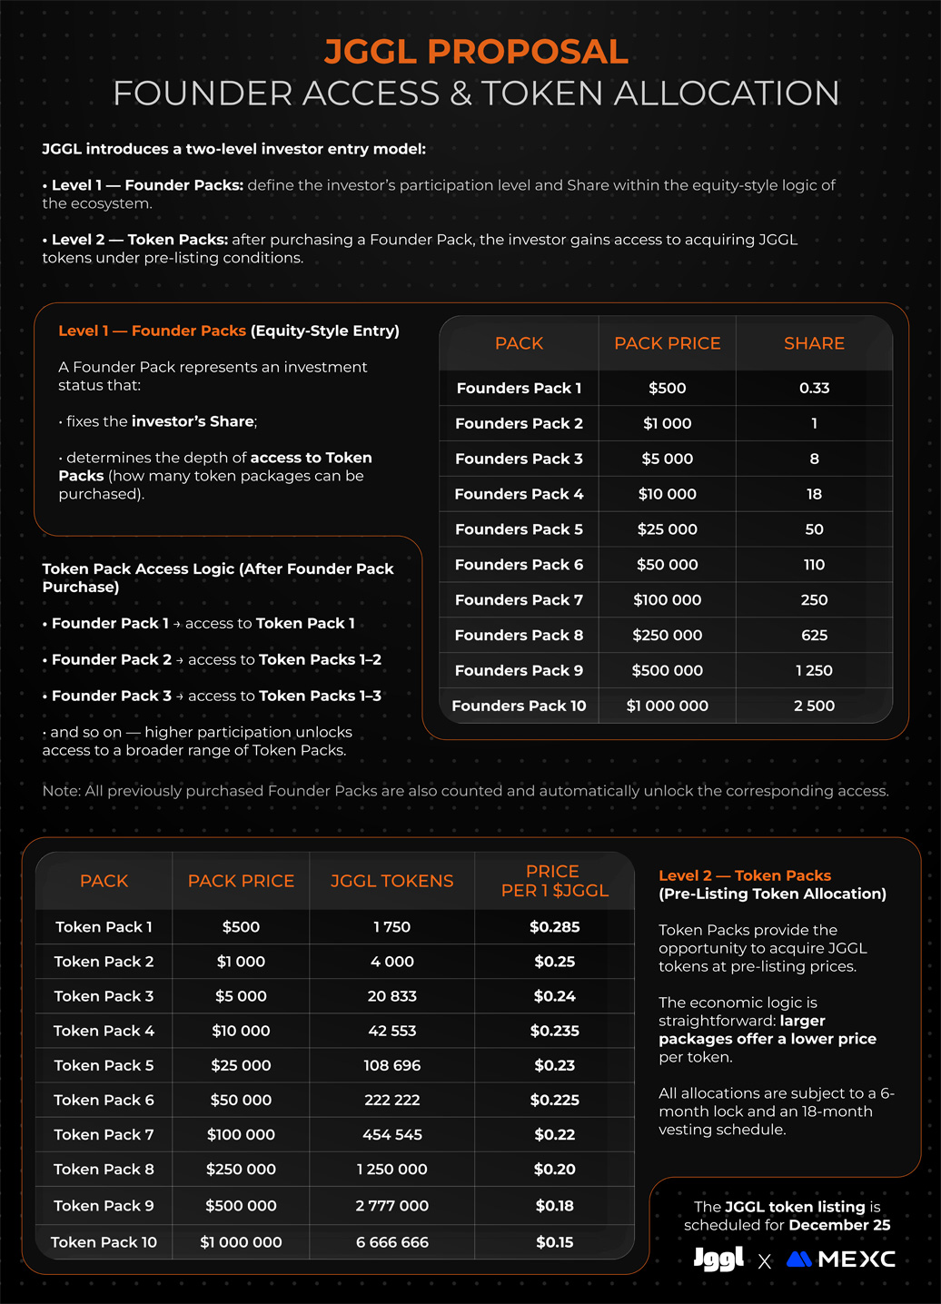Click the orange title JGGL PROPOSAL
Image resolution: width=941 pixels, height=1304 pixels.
click(476, 52)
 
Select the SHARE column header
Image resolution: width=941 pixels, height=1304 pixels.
click(814, 343)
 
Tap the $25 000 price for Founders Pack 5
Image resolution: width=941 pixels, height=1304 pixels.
click(667, 529)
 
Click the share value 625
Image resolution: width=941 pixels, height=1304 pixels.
click(814, 636)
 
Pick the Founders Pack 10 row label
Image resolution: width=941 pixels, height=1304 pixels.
click(519, 706)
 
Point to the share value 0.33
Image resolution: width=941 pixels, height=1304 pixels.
click(814, 388)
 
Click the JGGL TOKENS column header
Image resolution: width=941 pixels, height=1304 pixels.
click(391, 881)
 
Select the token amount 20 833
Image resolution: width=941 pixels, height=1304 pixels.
click(391, 996)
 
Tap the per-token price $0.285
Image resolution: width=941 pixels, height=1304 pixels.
click(554, 927)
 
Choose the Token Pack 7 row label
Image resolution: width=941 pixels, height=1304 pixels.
click(104, 1135)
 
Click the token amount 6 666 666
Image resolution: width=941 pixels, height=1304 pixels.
click(391, 1242)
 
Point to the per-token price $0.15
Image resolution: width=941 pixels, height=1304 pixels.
click(554, 1242)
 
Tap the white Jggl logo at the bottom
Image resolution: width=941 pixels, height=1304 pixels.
click(718, 1259)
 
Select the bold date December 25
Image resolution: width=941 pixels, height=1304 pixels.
click(839, 1225)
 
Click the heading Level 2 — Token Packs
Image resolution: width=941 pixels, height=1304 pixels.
click(745, 875)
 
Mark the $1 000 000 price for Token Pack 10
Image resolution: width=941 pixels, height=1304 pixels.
click(241, 1242)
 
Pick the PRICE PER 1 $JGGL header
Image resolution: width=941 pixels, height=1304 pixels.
click(554, 881)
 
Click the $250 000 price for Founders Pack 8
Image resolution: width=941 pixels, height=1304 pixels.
click(667, 636)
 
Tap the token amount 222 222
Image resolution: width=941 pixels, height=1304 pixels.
click(391, 1101)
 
